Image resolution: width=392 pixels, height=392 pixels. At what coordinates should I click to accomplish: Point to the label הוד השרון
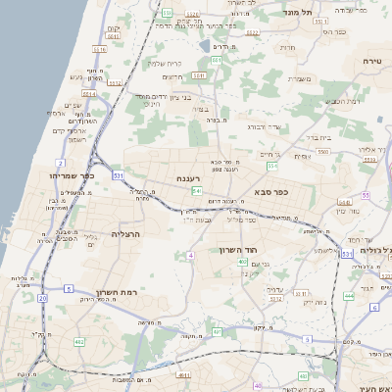pos(237,250)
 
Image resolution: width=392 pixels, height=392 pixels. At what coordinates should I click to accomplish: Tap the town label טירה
pos(371,61)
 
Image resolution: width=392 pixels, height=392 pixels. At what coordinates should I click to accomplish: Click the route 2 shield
pos(60,163)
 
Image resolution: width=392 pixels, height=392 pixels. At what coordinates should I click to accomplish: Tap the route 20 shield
pos(42,297)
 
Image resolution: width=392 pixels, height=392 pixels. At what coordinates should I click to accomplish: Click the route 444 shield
pos(349,295)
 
